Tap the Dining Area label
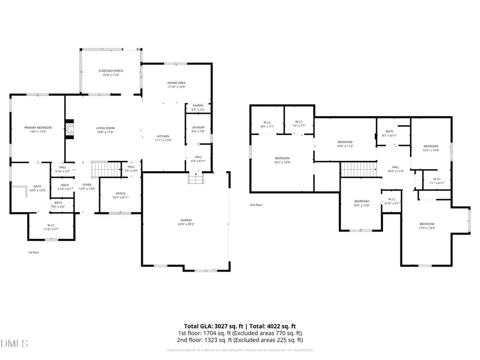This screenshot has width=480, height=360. click(176, 85)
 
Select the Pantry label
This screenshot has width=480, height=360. click(198, 107)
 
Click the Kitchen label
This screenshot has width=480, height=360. click(163, 138)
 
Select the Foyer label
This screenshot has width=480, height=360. click(87, 186)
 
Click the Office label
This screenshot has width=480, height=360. click(121, 195)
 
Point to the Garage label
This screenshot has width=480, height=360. click(186, 221)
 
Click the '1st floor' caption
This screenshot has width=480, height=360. click(34, 252)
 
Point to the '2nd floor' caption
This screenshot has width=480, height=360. click(256, 205)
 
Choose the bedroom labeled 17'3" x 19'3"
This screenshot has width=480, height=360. click(427, 226)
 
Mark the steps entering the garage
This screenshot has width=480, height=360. click(195, 179)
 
